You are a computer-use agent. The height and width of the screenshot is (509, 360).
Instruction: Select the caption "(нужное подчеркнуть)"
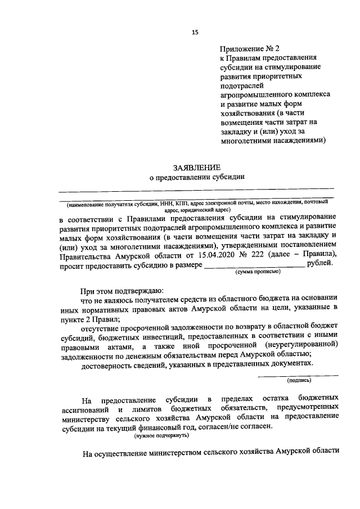tap(161, 435)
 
